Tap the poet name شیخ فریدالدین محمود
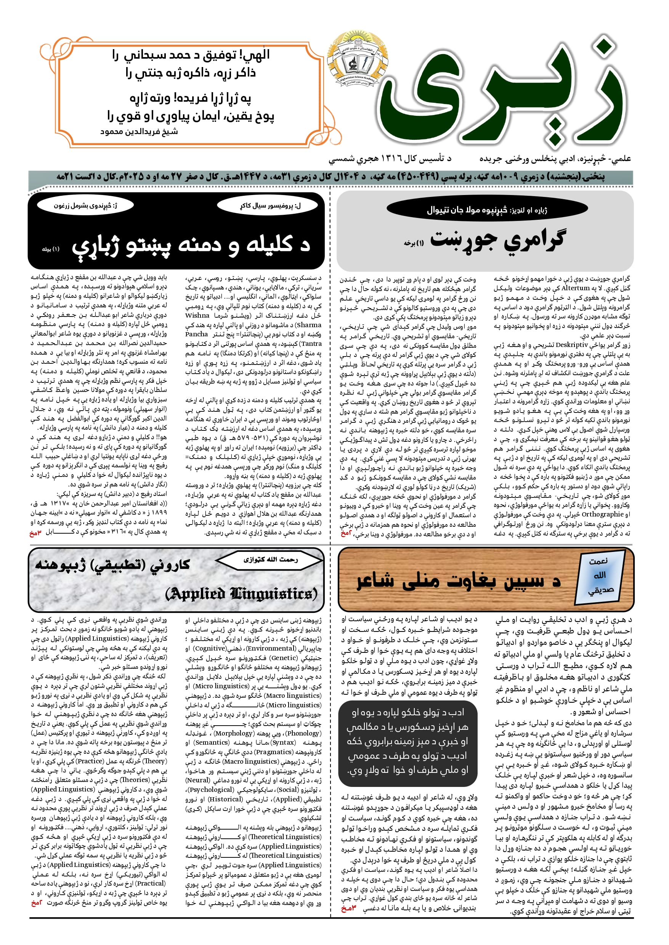tap(139, 132)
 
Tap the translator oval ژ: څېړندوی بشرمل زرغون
tap(85, 205)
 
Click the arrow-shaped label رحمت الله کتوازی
tap(270, 560)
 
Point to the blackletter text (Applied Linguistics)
tap(241, 593)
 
